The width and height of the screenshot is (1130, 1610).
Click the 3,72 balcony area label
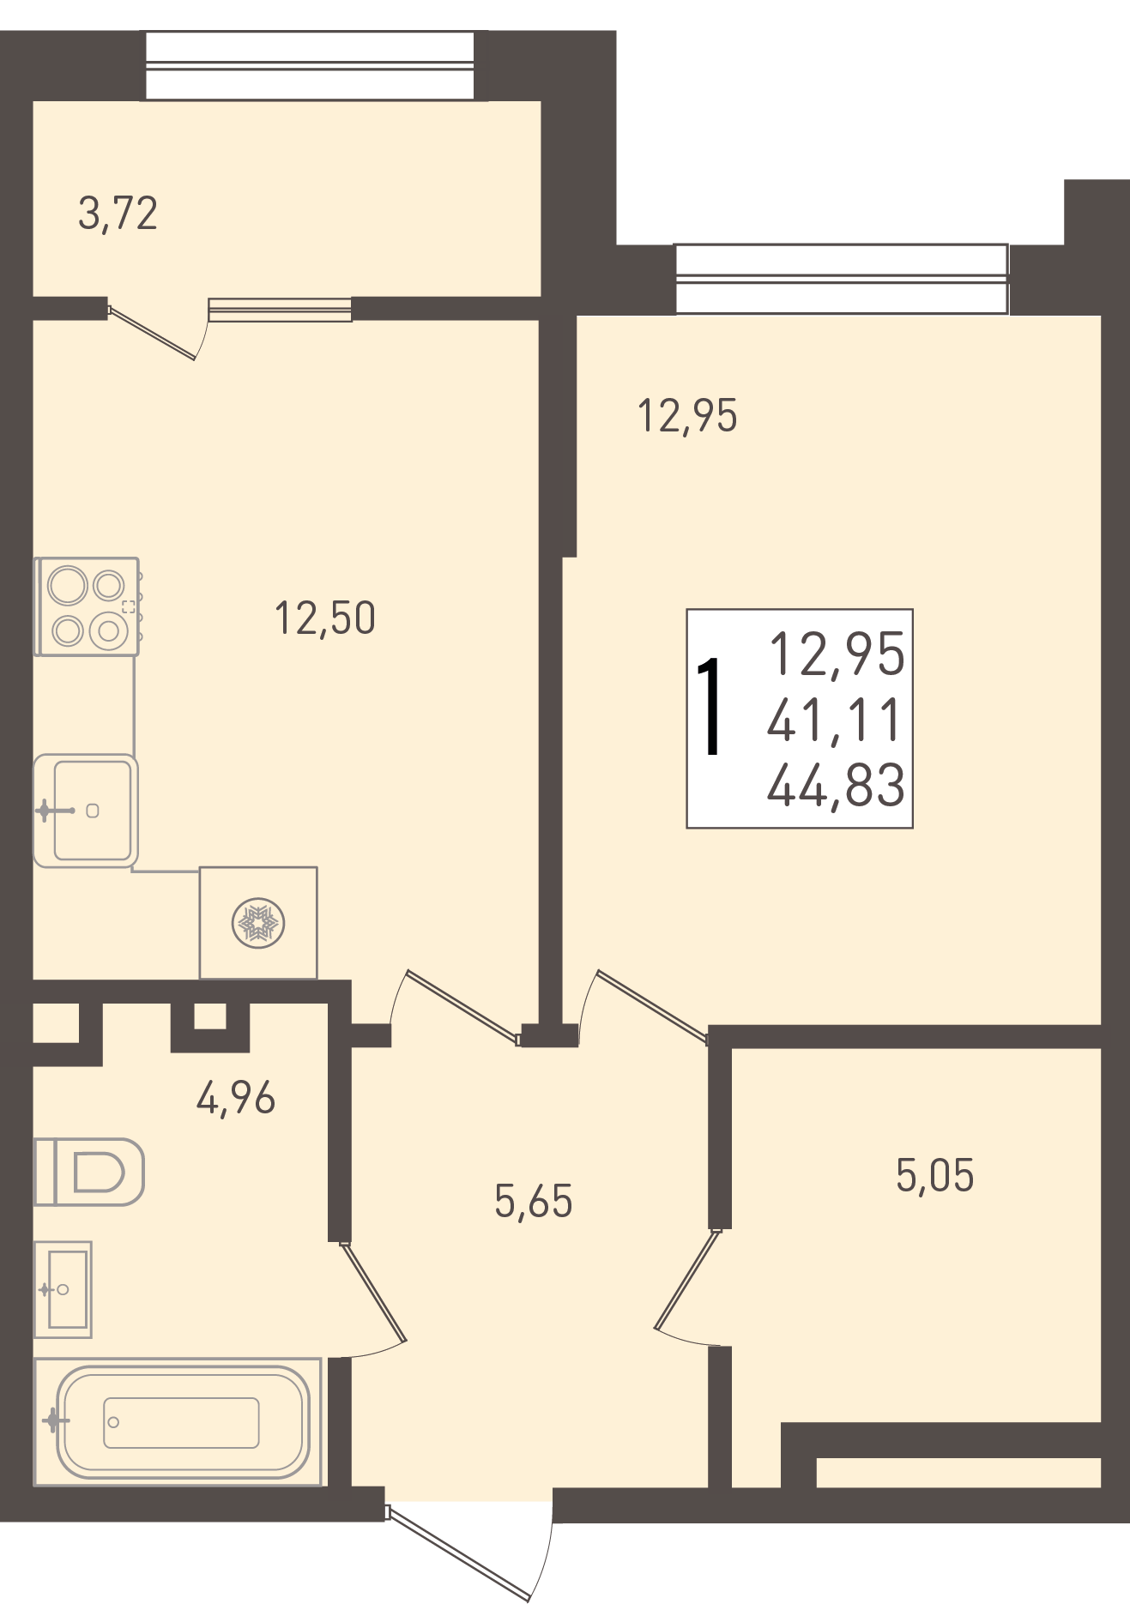118,214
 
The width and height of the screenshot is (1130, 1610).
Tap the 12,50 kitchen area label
324,618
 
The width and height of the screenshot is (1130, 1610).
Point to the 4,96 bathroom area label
236,1098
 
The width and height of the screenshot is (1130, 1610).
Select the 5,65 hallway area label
533,1202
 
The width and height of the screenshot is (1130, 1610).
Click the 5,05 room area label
934,1176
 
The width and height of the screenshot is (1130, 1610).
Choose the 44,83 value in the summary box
836,785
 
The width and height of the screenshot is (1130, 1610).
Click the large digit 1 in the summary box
710,707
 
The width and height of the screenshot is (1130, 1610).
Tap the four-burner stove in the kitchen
87,606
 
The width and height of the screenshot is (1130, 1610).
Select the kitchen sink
86,811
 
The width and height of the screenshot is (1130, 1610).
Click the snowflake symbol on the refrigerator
258,923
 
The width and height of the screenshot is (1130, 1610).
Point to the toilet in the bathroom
88,1172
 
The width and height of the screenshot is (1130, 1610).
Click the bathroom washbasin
63,1289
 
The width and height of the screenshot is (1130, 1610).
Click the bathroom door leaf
373,1291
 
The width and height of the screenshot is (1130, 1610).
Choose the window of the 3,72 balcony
310,65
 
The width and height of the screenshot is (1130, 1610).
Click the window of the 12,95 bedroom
842,279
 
